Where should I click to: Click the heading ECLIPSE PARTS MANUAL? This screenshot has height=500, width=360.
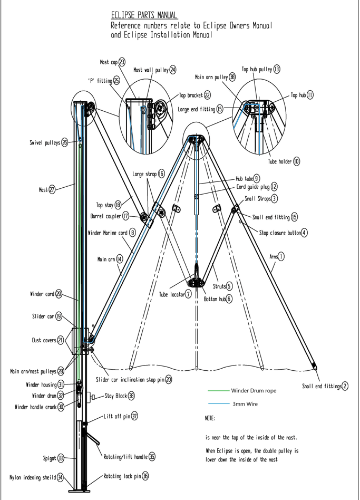(143, 15)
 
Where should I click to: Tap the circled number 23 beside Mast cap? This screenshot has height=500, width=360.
(122, 62)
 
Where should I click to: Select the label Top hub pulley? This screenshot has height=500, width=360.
(257, 69)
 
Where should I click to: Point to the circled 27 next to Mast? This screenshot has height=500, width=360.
(52, 190)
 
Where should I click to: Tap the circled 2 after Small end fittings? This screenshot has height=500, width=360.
(345, 386)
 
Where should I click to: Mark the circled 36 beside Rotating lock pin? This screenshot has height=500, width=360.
(145, 476)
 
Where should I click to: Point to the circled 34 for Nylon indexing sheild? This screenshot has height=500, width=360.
(61, 478)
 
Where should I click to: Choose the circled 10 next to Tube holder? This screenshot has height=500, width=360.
(297, 161)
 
